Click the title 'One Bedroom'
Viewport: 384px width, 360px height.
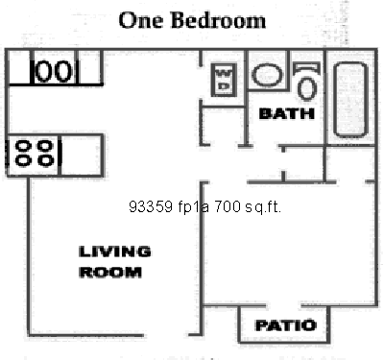192,19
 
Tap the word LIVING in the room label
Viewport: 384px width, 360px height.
114,252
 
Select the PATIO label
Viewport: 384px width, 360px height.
285,325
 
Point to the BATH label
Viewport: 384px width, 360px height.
287,113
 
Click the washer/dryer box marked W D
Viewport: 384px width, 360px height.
223,78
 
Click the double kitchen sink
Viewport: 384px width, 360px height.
54,70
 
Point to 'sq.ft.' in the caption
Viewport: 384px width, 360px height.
262,205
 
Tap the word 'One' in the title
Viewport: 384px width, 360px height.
139,19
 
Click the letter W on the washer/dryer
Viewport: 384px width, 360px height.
223,72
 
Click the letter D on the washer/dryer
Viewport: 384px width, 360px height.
223,85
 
